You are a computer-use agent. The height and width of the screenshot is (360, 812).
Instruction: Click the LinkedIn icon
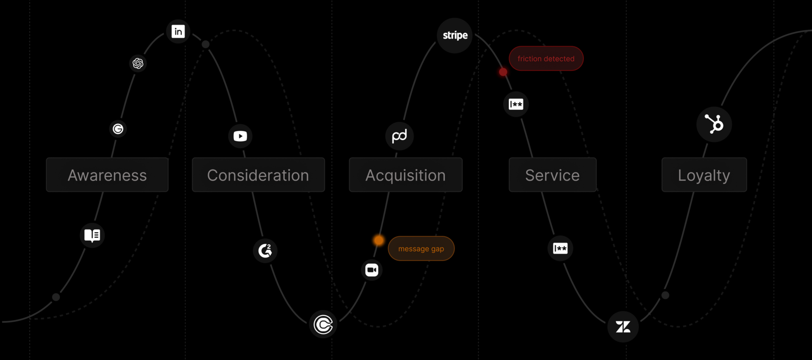[178, 31]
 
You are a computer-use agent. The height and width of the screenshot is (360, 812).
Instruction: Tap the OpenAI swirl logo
[138, 63]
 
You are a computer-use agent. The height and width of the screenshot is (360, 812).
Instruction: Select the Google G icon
[118, 129]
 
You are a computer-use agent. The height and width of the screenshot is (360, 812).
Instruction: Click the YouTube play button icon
[240, 136]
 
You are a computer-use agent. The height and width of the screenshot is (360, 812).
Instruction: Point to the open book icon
[92, 235]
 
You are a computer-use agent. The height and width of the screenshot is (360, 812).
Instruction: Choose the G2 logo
[265, 250]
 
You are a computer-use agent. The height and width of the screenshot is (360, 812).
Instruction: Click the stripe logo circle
[455, 35]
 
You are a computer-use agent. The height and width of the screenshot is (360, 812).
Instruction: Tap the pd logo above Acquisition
[399, 136]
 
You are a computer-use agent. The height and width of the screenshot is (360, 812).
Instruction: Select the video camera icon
[372, 270]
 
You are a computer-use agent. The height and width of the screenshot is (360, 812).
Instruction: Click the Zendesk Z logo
[623, 327]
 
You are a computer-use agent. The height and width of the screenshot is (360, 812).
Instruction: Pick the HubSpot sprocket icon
[714, 124]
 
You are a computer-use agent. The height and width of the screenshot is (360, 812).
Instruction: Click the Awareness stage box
[107, 175]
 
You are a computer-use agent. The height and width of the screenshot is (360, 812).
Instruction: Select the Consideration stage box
[258, 175]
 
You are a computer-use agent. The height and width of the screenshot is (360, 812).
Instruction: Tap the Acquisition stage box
[406, 175]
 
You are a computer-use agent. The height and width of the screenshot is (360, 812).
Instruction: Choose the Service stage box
[552, 175]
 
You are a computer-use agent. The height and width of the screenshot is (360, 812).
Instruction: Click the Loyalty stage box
[704, 175]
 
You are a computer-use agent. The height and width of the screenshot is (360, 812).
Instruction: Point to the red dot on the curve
[503, 72]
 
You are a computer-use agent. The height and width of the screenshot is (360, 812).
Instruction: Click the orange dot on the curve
[378, 240]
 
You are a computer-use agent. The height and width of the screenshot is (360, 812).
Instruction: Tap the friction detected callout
[546, 58]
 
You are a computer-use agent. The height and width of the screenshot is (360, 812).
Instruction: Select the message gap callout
[421, 248]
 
